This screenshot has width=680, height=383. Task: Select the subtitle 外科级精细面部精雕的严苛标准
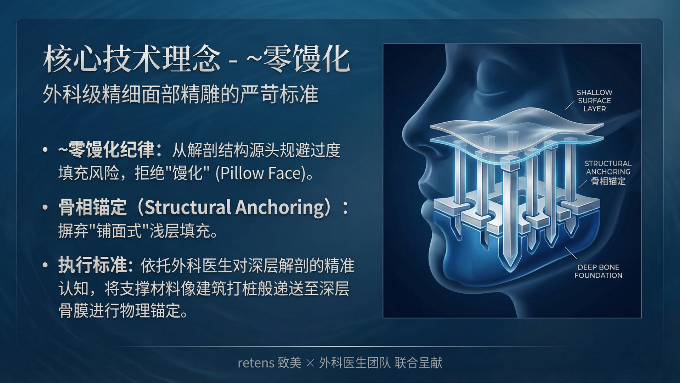(181, 94)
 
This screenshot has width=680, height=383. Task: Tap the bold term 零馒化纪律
(111, 149)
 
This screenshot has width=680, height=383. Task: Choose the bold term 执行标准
(93, 265)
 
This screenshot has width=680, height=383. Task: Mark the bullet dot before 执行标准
(45, 265)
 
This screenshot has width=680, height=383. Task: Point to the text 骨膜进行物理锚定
(120, 311)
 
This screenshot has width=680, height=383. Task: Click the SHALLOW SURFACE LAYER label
(594, 101)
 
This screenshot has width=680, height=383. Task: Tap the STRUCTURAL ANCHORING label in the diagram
(608, 167)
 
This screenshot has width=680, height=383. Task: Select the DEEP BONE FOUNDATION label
(598, 271)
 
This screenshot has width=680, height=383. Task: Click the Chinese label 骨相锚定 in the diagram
(608, 181)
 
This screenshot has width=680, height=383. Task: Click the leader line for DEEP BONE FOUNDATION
(571, 253)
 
